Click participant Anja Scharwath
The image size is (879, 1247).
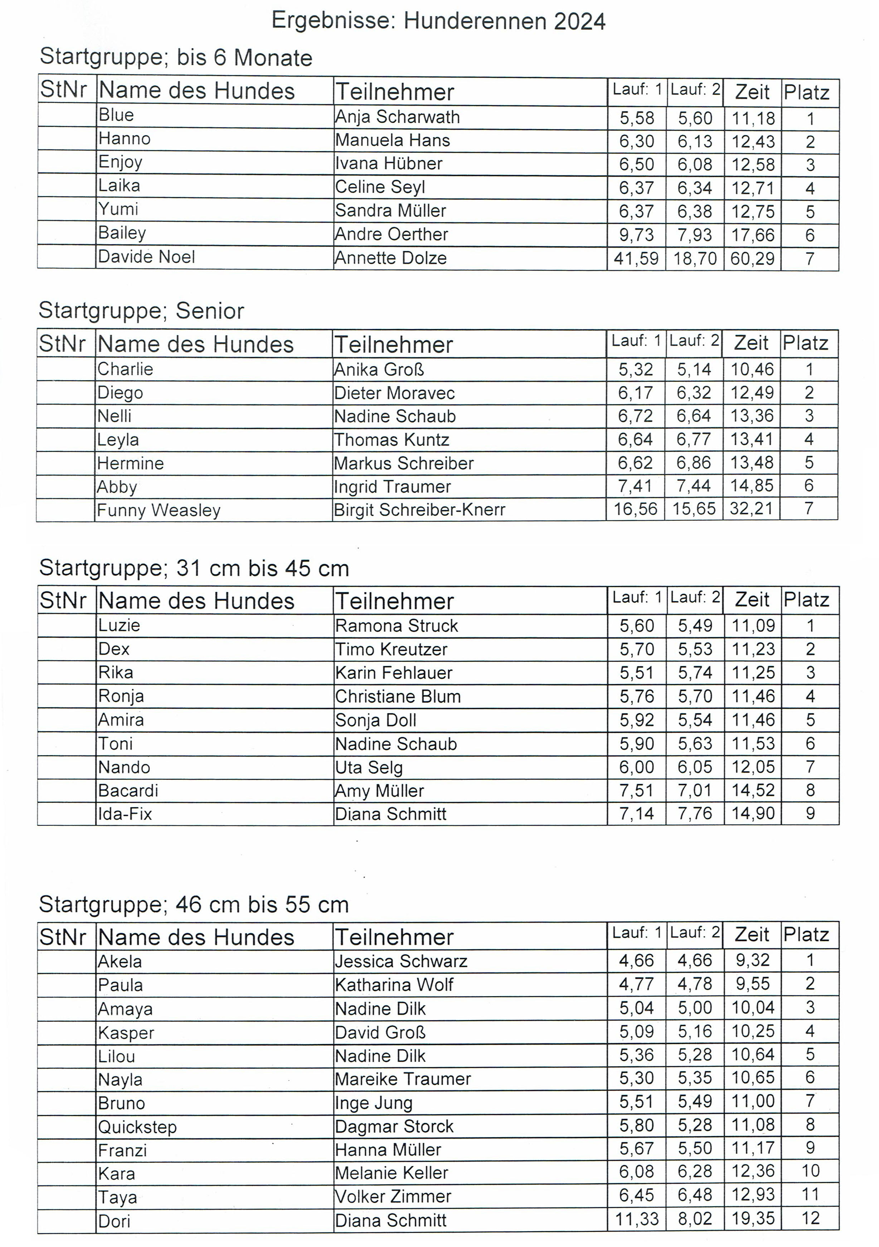[x=397, y=117]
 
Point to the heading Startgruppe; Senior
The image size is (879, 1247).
[x=141, y=311]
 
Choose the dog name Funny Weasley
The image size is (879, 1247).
[x=159, y=510]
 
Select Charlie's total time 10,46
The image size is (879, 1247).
[x=751, y=369]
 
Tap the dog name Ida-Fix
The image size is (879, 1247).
[x=125, y=814]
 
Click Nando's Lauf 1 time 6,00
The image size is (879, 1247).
[x=636, y=767]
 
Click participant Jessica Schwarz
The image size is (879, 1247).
[x=401, y=961]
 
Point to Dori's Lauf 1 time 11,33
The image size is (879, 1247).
[x=636, y=1219]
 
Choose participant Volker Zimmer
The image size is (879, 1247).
[x=393, y=1196]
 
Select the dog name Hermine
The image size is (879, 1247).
[x=130, y=463]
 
